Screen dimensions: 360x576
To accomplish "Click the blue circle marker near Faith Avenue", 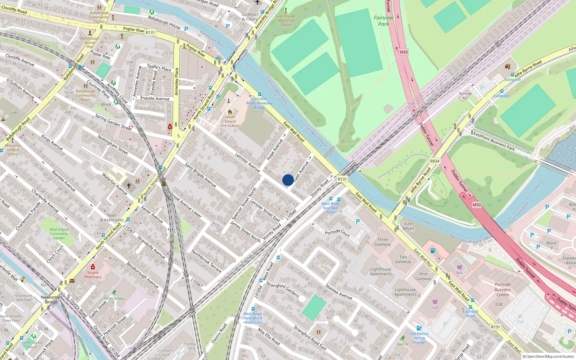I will [288, 180].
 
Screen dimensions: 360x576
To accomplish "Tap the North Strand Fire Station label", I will [230, 121].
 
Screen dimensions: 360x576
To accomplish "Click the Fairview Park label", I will [383, 21].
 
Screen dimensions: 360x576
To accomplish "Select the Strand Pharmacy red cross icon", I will [93, 267].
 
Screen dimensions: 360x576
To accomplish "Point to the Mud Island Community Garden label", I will [59, 234].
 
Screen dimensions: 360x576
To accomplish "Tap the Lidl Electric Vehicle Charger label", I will [419, 338].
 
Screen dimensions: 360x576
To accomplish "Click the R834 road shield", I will [435, 161].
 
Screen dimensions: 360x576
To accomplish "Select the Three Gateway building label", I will [383, 242].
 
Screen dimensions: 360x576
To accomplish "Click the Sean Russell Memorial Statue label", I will [285, 20].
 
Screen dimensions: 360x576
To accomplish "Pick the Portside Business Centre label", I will [503, 289].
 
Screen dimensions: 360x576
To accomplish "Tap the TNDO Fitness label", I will [114, 298].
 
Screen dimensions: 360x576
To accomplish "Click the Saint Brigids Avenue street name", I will [201, 175].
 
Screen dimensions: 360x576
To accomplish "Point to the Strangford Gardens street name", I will [282, 289].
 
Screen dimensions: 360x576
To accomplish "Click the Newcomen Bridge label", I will [51, 300].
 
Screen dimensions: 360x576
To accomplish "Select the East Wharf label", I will [408, 226].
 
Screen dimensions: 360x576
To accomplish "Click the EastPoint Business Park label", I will [494, 141].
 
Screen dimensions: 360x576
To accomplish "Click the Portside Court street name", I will [337, 233].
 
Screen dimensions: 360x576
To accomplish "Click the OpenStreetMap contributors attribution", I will [548, 356].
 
